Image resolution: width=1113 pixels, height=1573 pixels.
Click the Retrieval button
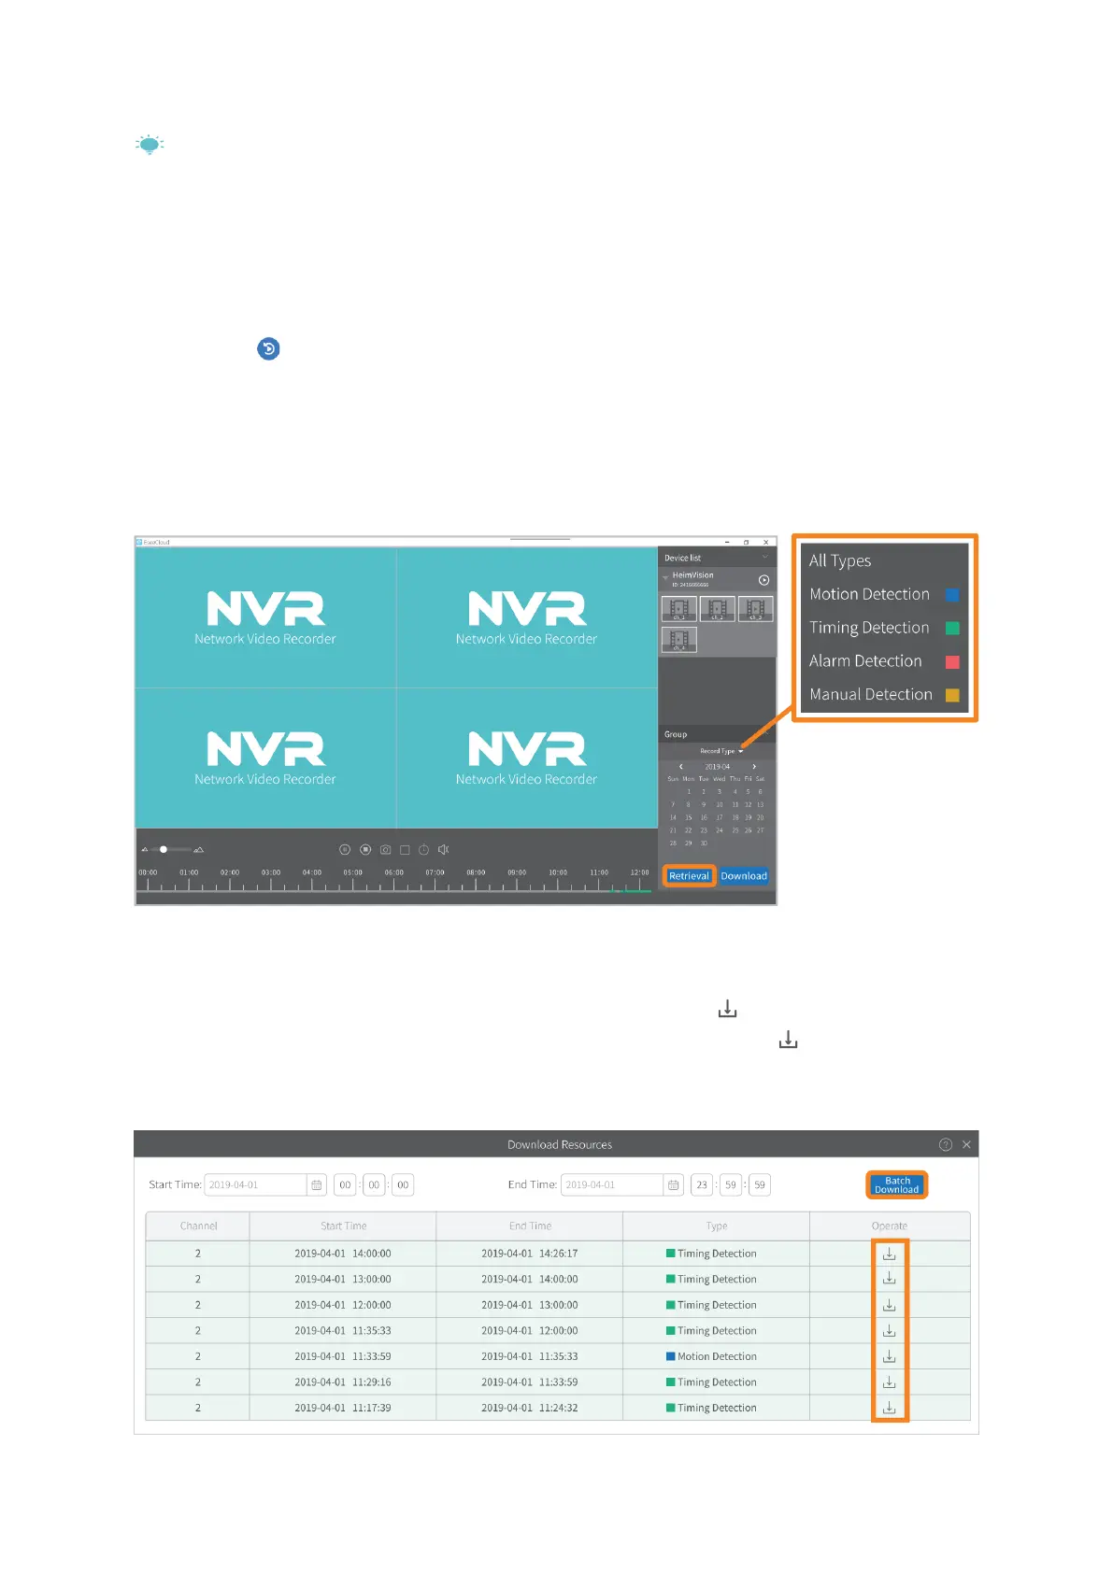point(689,876)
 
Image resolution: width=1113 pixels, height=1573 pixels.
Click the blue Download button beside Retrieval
point(744,876)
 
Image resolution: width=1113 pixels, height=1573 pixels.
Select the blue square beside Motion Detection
point(952,595)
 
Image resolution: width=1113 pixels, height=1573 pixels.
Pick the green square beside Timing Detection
point(952,629)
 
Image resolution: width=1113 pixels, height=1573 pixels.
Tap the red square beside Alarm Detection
point(952,662)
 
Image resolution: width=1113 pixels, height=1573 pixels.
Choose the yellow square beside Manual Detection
point(952,695)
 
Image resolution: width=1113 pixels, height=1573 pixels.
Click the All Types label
point(840,560)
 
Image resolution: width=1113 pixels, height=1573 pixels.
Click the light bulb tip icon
point(150,145)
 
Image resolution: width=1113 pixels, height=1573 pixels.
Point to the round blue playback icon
point(268,349)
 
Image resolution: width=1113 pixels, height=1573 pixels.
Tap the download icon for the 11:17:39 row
point(890,1408)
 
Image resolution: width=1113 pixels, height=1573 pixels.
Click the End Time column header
point(530,1226)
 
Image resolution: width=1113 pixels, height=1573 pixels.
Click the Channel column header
point(198,1226)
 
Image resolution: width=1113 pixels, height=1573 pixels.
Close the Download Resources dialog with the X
point(966,1144)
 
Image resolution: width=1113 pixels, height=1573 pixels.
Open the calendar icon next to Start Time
point(317,1185)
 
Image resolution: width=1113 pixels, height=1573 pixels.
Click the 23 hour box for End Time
point(702,1185)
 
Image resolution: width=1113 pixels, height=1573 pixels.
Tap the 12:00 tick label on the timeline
point(639,872)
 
